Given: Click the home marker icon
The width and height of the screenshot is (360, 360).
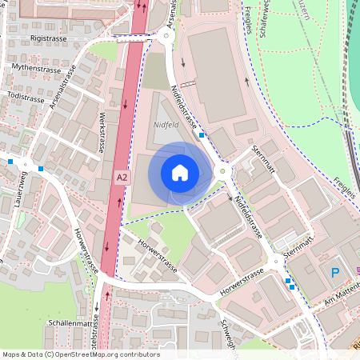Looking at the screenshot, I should [180, 172].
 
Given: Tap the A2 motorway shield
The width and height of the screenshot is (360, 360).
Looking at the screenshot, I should [122, 177].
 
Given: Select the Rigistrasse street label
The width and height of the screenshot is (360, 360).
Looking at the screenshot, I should [49, 38].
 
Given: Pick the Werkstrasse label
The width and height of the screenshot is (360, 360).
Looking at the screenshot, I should [102, 133].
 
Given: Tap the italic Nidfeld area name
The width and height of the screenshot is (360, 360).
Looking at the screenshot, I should [166, 125].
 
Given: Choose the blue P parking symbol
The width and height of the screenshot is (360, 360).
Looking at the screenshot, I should [335, 273].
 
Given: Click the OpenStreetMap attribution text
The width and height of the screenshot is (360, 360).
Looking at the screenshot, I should [81, 354].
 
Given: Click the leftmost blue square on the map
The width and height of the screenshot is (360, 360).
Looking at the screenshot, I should [10, 162].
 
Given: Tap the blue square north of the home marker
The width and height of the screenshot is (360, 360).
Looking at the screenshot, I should [202, 135].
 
